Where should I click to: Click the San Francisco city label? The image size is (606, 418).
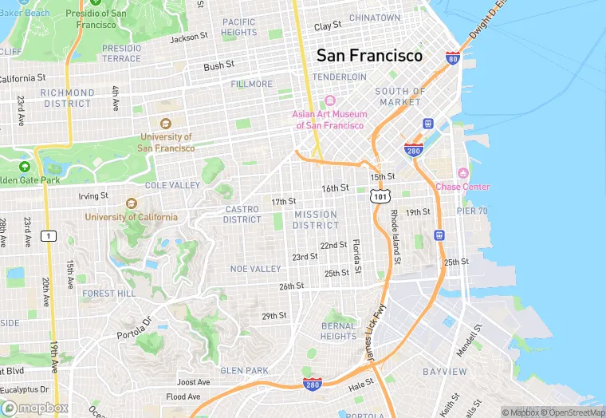pos(369,56)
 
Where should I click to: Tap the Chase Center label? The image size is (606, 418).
pos(462,187)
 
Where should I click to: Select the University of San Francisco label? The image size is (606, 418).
pos(166,142)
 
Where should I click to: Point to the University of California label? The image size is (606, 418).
pos(132,217)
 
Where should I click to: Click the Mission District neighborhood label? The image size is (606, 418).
pos(316,220)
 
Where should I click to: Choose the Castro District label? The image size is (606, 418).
pos(242,215)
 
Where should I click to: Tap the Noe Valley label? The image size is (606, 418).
pos(255,269)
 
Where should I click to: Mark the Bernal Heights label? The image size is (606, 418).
pos(339,331)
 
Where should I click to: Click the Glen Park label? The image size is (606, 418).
pos(244,370)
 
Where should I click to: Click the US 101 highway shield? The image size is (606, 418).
pos(380,195)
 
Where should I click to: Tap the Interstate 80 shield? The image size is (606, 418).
pos(453,59)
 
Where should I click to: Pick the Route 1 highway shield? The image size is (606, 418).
pos(49,235)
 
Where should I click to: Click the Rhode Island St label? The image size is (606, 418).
pos(395,237)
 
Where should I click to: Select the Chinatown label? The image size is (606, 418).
pos(375,18)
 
